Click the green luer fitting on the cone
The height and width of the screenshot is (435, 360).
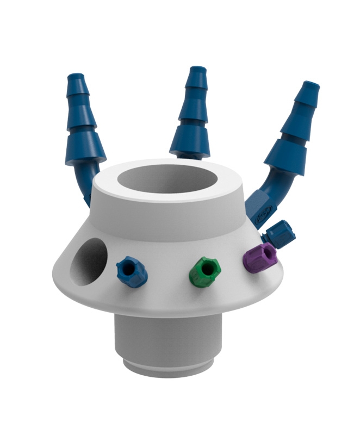pyautogui.click(x=205, y=271)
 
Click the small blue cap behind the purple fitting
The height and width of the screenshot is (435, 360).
pyautogui.click(x=282, y=233)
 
